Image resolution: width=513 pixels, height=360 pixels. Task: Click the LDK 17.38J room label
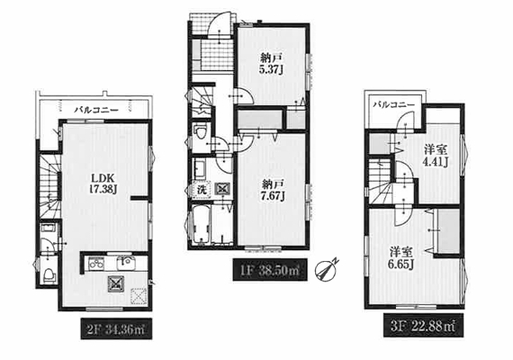pyautogui.click(x=103, y=184)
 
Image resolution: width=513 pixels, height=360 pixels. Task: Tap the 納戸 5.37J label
pyautogui.click(x=271, y=64)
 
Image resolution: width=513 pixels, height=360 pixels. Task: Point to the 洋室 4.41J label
pyautogui.click(x=436, y=156)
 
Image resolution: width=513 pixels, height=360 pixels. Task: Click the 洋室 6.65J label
pyautogui.click(x=400, y=258)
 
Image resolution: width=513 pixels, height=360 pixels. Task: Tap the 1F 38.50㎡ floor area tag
pyautogui.click(x=270, y=270)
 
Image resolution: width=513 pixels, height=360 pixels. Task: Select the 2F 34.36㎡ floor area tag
pyautogui.click(x=116, y=328)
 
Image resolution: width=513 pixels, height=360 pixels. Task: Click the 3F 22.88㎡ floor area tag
pyautogui.click(x=423, y=326)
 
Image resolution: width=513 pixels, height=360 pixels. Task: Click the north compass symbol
pyautogui.click(x=325, y=270)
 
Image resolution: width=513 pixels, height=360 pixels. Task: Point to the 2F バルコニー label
pyautogui.click(x=96, y=110)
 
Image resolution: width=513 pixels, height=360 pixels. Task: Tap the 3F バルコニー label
pyautogui.click(x=394, y=104)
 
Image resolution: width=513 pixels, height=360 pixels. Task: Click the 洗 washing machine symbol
pyautogui.click(x=202, y=190)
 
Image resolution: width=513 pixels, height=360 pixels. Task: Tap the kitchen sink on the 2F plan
pyautogui.click(x=127, y=263)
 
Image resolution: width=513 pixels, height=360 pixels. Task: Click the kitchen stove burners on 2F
pyautogui.click(x=96, y=263)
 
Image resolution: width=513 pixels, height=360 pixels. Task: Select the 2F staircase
pyautogui.click(x=50, y=185)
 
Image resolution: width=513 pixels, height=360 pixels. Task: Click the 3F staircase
pyautogui.click(x=382, y=184)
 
